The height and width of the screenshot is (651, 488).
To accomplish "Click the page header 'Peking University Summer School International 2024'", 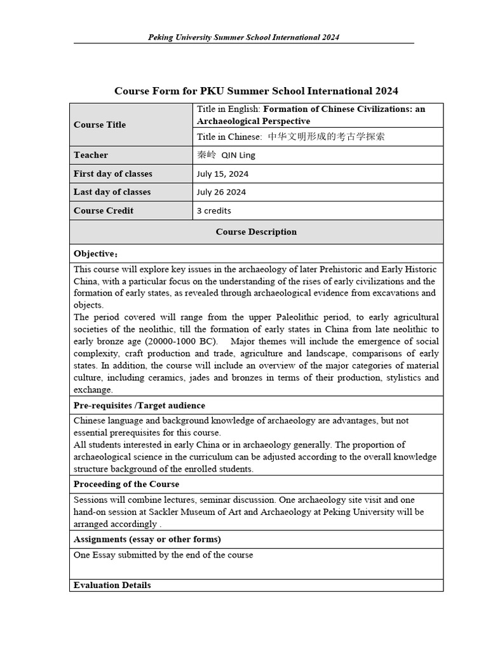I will pyautogui.click(x=243, y=37).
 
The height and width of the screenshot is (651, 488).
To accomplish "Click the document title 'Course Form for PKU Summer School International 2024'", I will pyautogui.click(x=256, y=91).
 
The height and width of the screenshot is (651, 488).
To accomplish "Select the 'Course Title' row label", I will pyautogui.click(x=100, y=125).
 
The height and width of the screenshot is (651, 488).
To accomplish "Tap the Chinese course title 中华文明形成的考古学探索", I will pyautogui.click(x=326, y=137).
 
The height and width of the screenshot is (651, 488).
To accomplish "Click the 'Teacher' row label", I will pyautogui.click(x=91, y=155).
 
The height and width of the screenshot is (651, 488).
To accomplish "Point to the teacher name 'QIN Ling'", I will pyautogui.click(x=238, y=155).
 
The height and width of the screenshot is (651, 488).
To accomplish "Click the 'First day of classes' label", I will pyautogui.click(x=113, y=174).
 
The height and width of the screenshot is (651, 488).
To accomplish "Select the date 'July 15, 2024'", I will pyautogui.click(x=222, y=174).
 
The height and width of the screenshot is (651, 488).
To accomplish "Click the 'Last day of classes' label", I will pyautogui.click(x=112, y=192).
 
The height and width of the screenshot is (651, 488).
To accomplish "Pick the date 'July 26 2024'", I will pyautogui.click(x=221, y=192).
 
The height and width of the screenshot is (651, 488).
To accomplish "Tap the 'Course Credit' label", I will pyautogui.click(x=104, y=210).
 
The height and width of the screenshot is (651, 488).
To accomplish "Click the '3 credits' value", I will pyautogui.click(x=214, y=210).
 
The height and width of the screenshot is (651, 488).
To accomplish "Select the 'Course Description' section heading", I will pyautogui.click(x=256, y=232).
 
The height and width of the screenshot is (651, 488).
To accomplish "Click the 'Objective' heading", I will pyautogui.click(x=95, y=254).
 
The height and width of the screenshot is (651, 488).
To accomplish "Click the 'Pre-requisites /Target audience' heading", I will pyautogui.click(x=139, y=406).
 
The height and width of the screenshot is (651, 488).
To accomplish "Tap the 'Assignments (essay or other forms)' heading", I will pyautogui.click(x=147, y=539).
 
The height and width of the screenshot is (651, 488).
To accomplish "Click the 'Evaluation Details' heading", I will pyautogui.click(x=112, y=585).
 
